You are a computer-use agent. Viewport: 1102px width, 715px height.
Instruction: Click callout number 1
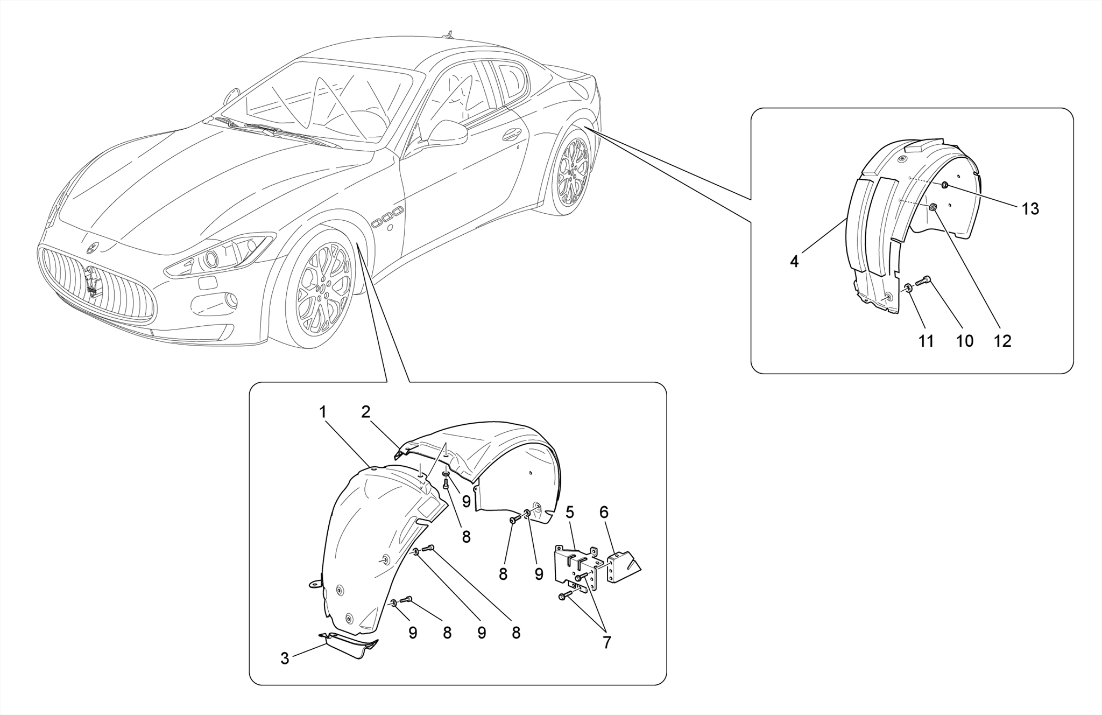coord(323,412)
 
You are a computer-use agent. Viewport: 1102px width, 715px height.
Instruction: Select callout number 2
coord(366,412)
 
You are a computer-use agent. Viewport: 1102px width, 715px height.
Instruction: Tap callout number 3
coord(285,658)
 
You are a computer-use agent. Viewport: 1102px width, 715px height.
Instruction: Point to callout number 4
coord(794,262)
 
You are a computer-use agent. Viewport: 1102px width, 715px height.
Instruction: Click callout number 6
coord(604,512)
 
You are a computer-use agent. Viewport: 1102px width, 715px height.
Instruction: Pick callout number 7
coord(607,642)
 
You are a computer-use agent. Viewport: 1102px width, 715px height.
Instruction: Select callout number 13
coord(1030,209)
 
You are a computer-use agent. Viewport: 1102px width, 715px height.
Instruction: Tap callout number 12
coord(1002,341)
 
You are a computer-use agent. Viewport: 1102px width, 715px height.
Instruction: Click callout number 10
coord(965,341)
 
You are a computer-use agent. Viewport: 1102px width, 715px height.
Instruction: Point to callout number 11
coord(926,341)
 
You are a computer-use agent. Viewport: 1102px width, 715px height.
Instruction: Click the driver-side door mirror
coord(447,133)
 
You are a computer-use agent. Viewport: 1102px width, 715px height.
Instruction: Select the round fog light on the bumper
coord(231,300)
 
